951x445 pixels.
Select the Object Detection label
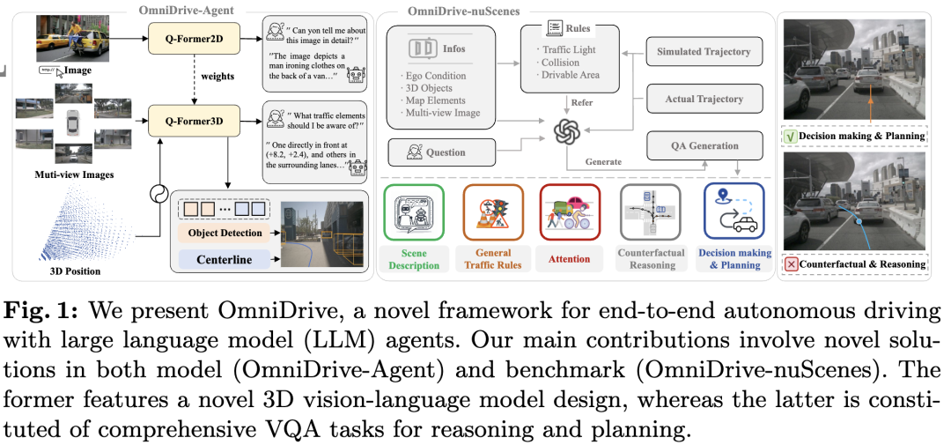pos(225,233)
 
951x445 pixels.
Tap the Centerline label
pos(225,260)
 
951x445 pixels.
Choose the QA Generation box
pos(704,146)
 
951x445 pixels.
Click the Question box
pos(440,152)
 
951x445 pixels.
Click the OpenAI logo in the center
pos(564,131)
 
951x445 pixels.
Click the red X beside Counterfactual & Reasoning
pos(791,263)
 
